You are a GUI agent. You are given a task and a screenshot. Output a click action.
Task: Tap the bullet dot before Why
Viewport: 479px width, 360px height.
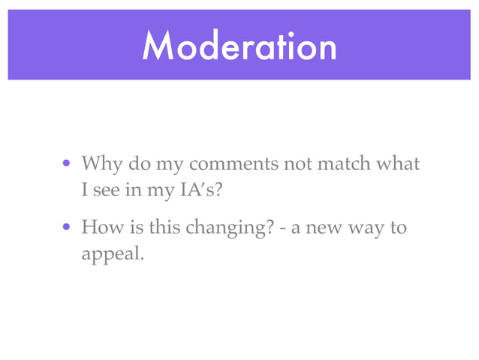pyautogui.click(x=68, y=164)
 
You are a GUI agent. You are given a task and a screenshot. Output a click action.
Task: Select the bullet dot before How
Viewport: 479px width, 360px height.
pyautogui.click(x=68, y=227)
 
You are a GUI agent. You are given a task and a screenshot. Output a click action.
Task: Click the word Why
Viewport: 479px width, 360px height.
pyautogui.click(x=98, y=163)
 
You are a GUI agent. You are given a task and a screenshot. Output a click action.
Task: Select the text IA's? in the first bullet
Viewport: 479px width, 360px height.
pyautogui.click(x=200, y=190)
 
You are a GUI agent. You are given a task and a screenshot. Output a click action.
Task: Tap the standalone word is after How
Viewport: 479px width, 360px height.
pyautogui.click(x=128, y=226)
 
